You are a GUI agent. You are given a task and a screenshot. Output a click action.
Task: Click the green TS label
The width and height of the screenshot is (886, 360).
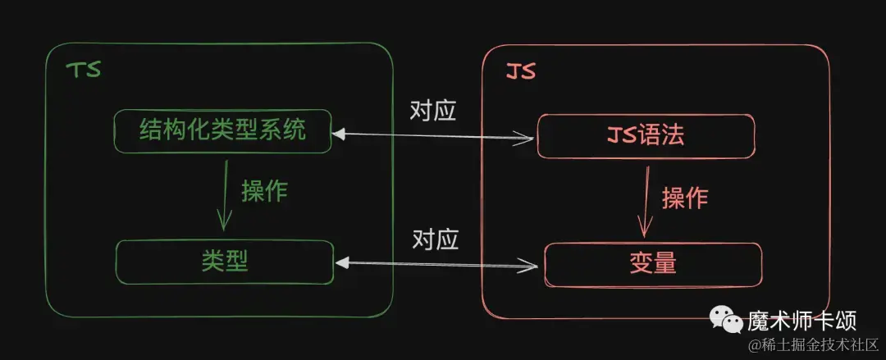84,71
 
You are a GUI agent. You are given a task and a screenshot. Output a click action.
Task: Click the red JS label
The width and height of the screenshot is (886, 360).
520,72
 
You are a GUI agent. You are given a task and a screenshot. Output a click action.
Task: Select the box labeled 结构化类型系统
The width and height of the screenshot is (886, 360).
222,131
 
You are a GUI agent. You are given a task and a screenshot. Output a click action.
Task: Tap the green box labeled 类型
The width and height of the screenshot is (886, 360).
225,262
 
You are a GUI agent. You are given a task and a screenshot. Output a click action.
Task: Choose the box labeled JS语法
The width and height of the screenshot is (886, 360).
646,136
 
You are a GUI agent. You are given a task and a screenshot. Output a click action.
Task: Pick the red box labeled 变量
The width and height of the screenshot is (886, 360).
653,265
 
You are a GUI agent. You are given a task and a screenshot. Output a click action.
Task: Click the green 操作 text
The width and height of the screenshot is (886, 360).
264,192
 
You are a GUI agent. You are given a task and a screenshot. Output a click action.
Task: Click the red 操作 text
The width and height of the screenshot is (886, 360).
685,198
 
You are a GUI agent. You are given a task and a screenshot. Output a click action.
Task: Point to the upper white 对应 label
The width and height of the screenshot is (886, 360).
433,112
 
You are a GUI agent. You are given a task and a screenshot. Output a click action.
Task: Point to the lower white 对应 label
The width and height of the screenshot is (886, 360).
435,240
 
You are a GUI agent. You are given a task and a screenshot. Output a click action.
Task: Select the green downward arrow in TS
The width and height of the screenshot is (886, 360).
225,195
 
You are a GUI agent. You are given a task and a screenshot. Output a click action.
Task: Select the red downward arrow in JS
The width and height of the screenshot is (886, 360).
644,201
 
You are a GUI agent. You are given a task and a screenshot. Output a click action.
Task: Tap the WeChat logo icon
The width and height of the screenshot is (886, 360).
727,321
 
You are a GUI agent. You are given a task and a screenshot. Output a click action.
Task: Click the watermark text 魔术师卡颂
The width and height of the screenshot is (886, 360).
802,321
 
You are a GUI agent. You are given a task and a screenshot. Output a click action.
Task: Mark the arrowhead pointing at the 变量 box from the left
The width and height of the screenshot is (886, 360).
528,265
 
